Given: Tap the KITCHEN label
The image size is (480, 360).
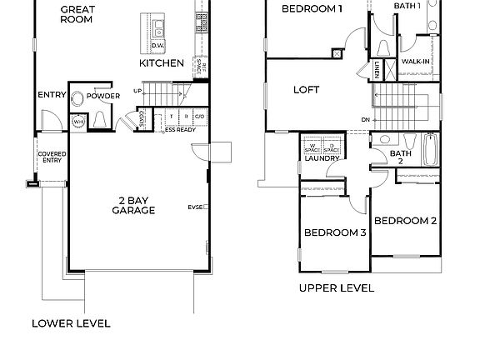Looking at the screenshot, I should [x=161, y=63].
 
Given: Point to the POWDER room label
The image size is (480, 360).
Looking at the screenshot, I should [x=103, y=97].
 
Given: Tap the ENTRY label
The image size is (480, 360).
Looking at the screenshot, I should [x=51, y=96].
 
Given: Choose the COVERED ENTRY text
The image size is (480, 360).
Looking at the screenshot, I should [x=51, y=158].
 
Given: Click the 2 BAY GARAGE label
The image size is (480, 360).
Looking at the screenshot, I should [x=132, y=205].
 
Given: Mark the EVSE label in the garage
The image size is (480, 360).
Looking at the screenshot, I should [x=195, y=207].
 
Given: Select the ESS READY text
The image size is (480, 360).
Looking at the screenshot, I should [x=180, y=130].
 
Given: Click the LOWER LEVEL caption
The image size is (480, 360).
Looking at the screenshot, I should [x=71, y=323].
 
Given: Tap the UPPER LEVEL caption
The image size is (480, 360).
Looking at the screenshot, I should [x=336, y=288].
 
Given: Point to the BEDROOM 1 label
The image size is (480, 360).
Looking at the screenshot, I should [x=312, y=9].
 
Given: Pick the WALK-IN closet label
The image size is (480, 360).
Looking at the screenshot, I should [x=414, y=62].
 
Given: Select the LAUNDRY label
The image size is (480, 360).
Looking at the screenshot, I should [x=322, y=158].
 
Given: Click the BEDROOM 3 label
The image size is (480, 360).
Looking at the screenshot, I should [x=334, y=232].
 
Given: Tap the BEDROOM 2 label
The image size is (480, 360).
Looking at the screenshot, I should [x=405, y=221].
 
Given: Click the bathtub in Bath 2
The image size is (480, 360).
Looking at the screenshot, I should [x=431, y=149].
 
